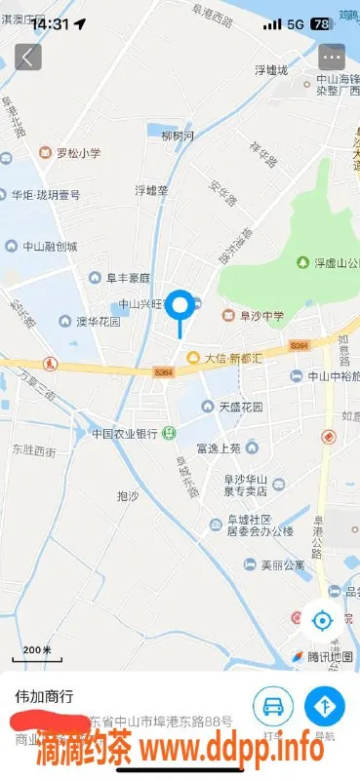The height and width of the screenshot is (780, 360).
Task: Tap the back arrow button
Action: pyautogui.click(x=26, y=57)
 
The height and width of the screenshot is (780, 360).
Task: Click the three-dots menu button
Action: pyautogui.click(x=332, y=57)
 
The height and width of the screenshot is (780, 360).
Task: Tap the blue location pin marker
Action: pyautogui.click(x=180, y=308)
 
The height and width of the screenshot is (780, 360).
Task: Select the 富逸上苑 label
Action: pyautogui.click(x=218, y=448)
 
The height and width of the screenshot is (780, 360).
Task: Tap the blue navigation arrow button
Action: pyautogui.click(x=325, y=706)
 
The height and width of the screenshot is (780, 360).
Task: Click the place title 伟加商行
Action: pyautogui.click(x=44, y=697)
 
